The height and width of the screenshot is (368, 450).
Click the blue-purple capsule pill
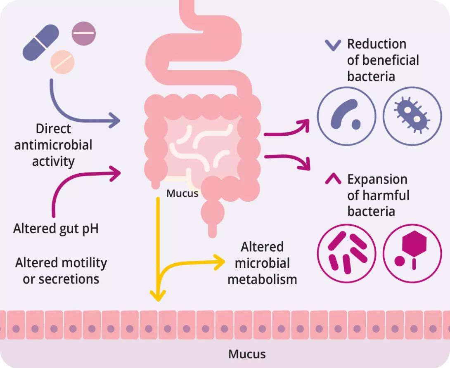click(x=41, y=42)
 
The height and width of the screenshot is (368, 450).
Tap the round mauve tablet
click(x=83, y=33)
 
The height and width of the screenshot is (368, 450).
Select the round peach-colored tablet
click(x=63, y=62)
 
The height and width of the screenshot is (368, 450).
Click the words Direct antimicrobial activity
click(x=53, y=145)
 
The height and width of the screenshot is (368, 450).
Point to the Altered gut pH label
click(x=56, y=228)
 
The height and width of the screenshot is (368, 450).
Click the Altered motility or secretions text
click(x=61, y=271)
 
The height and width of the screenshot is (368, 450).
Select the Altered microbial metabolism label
click(x=262, y=263)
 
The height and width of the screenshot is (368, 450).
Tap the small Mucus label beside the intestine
click(x=182, y=193)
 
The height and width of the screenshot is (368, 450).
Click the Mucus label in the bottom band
click(x=247, y=354)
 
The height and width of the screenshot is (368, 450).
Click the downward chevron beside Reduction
click(x=333, y=45)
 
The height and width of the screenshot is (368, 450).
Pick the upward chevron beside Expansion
click(x=333, y=179)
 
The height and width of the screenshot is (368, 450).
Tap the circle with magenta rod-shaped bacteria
click(x=346, y=253)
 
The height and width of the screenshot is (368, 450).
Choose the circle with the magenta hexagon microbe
click(x=412, y=253)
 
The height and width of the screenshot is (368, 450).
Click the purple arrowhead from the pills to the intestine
click(x=116, y=121)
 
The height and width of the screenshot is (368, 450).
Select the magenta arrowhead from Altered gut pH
click(x=117, y=173)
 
